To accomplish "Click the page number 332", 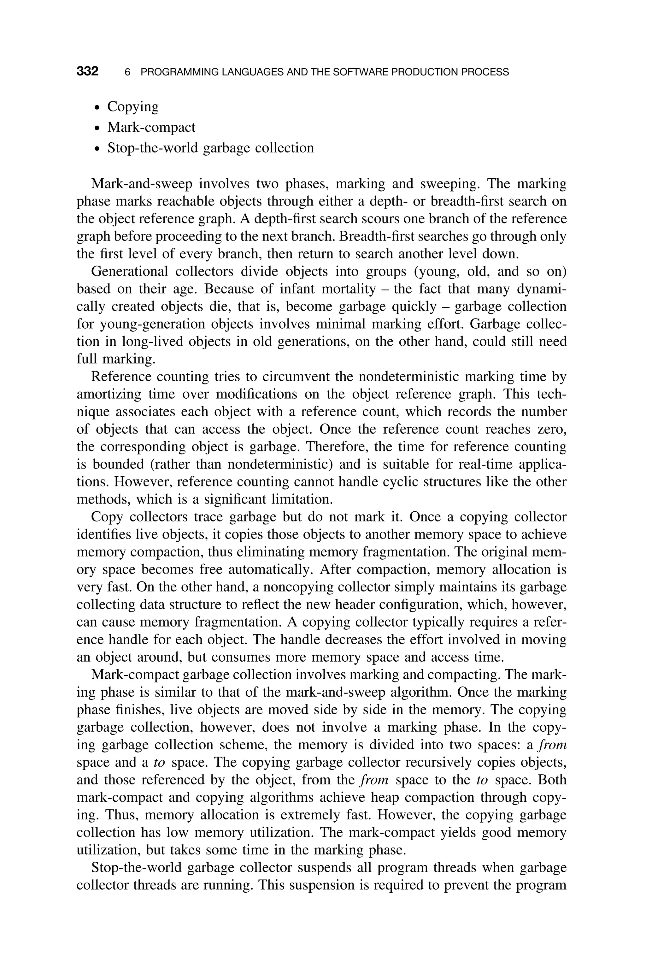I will (x=87, y=71).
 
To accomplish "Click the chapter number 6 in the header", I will (x=127, y=72).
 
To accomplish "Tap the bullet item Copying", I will (x=133, y=107).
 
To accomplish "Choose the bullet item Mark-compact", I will (x=151, y=127).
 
